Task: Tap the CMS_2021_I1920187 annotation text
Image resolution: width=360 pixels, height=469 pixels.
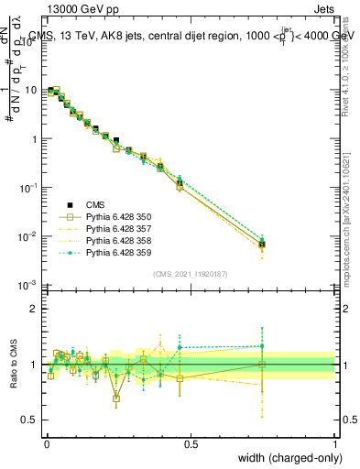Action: (x=191, y=275)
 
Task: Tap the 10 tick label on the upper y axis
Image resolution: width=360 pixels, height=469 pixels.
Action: (x=29, y=90)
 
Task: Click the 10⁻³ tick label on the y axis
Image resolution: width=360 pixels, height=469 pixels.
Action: (x=27, y=285)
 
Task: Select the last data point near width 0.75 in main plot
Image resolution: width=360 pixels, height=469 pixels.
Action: (x=263, y=245)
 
